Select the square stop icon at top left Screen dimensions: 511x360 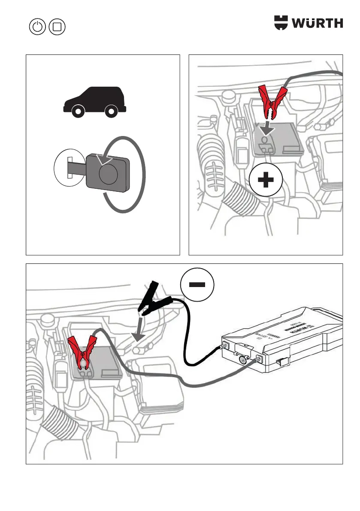tap(57, 27)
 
